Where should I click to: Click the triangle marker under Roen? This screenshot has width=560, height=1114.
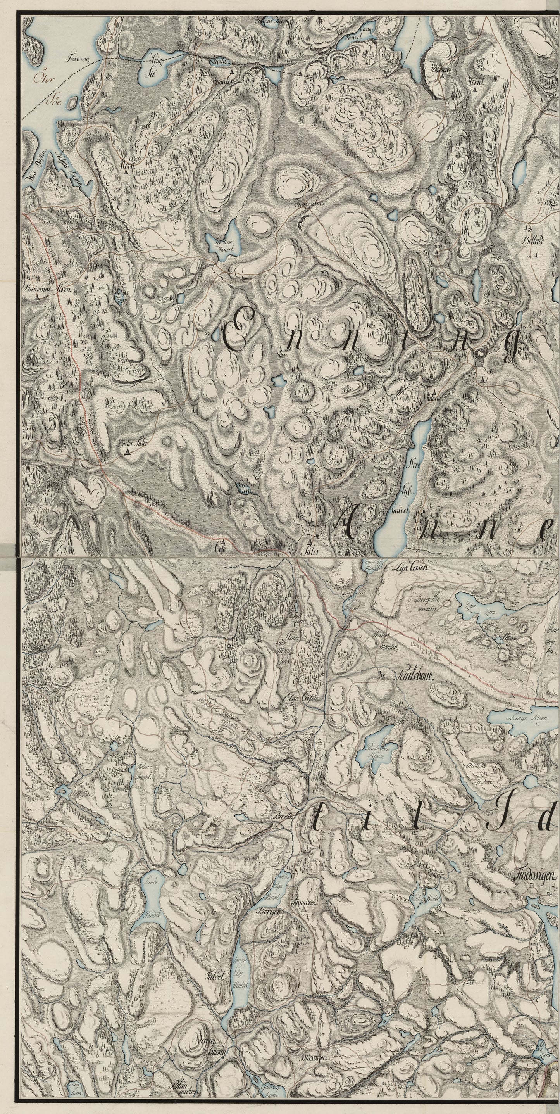125,172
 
